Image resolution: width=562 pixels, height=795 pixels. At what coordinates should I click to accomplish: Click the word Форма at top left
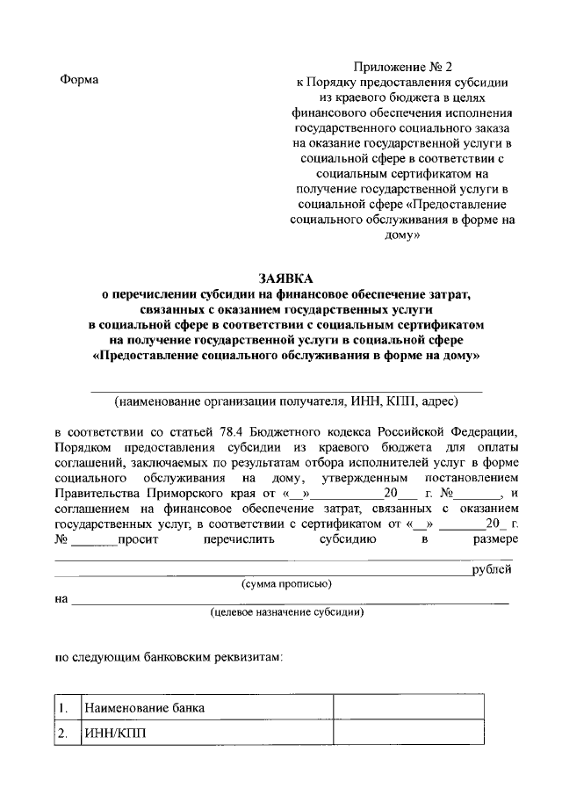pos(79,80)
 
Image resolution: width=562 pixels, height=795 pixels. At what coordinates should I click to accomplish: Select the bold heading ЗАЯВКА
pos(286,278)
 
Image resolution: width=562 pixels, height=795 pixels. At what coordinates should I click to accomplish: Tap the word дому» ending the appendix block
pos(404,235)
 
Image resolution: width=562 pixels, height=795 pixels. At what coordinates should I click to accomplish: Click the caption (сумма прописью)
pos(286,583)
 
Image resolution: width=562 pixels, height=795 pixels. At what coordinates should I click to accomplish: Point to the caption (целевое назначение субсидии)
pos(286,611)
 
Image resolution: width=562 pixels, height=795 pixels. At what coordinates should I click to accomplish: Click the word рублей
pos(492,570)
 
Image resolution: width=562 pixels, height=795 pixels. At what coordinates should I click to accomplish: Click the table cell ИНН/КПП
pos(110,734)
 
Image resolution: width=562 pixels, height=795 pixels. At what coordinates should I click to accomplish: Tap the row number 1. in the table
pos(63,707)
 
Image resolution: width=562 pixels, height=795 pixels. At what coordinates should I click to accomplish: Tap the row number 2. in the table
pos(63,734)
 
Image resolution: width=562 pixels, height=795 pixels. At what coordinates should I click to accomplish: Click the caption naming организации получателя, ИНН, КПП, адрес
pos(286,401)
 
